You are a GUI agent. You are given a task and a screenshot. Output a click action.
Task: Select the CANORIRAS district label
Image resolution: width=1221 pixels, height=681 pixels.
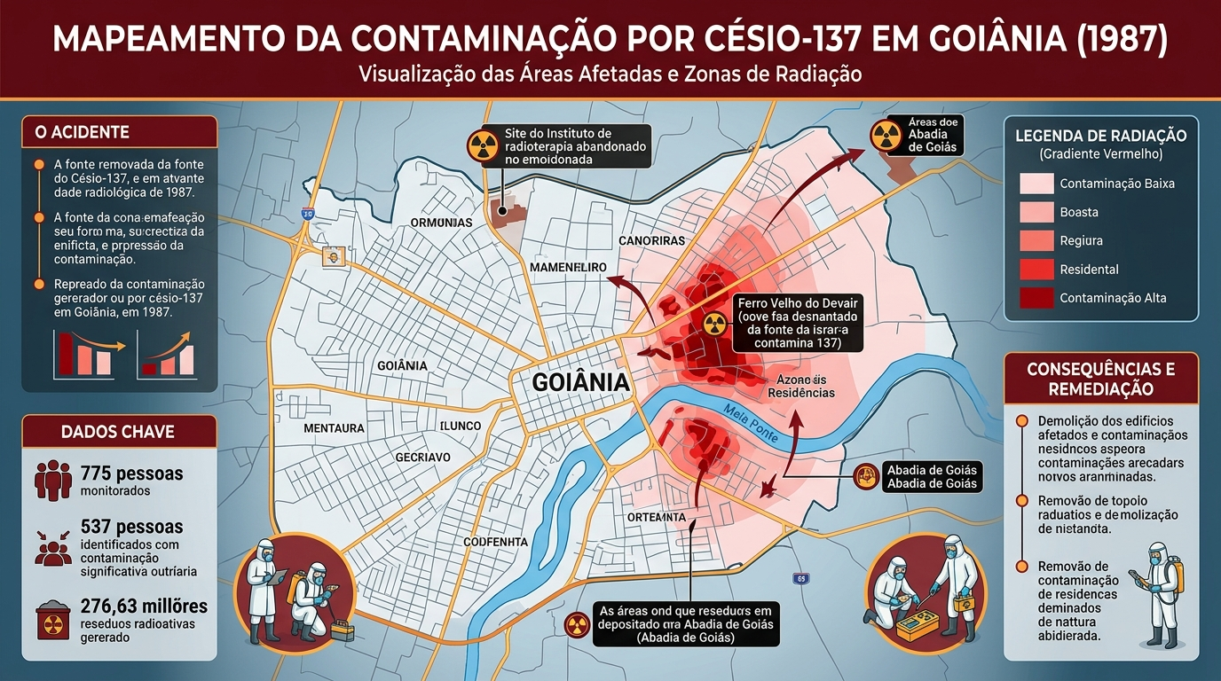[651, 240]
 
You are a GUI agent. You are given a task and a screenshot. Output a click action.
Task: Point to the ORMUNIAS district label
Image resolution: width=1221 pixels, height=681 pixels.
[441, 223]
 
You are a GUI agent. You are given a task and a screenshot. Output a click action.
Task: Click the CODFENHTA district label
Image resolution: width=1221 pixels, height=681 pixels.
[495, 542]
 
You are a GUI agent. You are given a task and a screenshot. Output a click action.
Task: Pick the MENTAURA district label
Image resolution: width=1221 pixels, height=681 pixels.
[334, 428]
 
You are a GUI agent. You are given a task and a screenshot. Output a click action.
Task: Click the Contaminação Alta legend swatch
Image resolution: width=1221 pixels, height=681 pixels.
[1036, 298]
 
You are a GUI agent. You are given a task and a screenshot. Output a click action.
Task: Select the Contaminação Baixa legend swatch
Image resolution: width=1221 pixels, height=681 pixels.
[1036, 184]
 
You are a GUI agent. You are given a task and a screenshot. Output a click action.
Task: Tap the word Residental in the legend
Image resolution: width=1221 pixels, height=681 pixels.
[1089, 270]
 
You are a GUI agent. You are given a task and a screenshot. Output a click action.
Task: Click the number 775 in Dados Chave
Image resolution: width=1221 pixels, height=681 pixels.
[95, 474]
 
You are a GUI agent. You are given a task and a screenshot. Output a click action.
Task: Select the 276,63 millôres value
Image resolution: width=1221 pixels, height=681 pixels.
[144, 607]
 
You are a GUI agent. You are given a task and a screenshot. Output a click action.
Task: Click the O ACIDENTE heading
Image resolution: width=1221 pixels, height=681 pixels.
[82, 132]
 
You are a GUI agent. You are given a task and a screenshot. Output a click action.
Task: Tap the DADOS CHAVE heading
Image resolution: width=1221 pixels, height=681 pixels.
[118, 432]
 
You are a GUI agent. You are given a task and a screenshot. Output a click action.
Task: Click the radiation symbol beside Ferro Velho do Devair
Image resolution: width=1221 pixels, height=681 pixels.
[714, 324]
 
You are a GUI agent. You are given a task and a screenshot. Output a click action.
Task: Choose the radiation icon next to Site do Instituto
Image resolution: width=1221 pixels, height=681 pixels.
[484, 146]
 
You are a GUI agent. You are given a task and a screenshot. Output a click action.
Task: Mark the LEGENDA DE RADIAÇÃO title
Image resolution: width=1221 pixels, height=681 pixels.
[1100, 136]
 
